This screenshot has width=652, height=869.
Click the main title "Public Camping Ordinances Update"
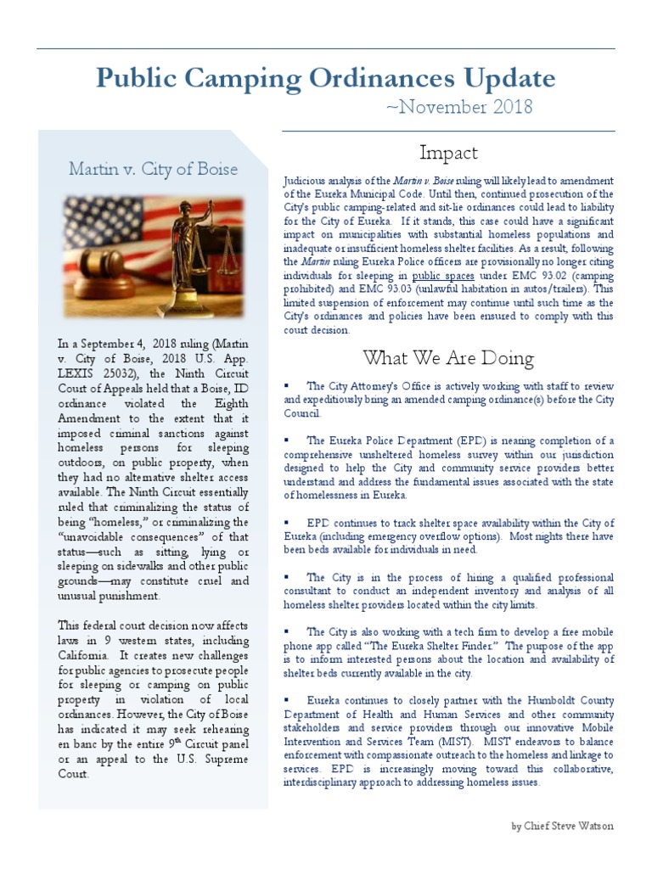[x=326, y=79]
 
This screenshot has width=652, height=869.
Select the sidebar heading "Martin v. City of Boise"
[x=153, y=169]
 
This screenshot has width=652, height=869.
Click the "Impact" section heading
[x=448, y=153]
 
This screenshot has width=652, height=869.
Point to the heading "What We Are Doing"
[x=448, y=357]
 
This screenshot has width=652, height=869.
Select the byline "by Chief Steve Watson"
[x=562, y=826]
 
